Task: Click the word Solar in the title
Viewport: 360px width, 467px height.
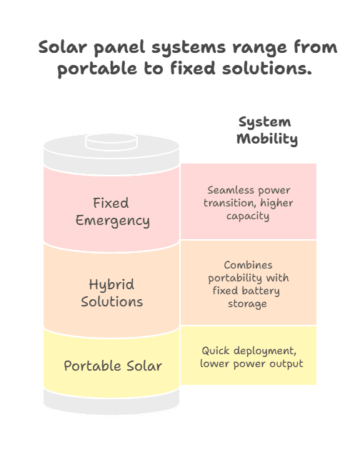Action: (x=63, y=47)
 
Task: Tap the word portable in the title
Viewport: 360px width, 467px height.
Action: (x=97, y=69)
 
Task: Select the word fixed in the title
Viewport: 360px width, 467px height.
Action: (x=193, y=68)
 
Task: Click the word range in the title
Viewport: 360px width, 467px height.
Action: (x=259, y=49)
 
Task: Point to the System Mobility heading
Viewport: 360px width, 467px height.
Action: (x=266, y=131)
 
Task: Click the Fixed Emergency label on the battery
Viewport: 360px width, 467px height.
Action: (x=112, y=212)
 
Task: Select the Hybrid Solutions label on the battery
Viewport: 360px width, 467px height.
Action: (x=111, y=293)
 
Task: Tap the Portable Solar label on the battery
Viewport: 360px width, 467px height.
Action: (x=113, y=366)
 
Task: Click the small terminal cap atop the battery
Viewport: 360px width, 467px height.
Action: (x=111, y=142)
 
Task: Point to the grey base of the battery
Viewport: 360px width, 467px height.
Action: (x=111, y=403)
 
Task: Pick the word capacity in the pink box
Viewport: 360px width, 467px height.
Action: (x=248, y=216)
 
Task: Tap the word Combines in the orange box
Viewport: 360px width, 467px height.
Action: (x=248, y=265)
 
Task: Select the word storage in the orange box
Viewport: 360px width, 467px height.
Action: (x=247, y=304)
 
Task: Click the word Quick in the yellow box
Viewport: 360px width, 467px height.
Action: (x=216, y=351)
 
